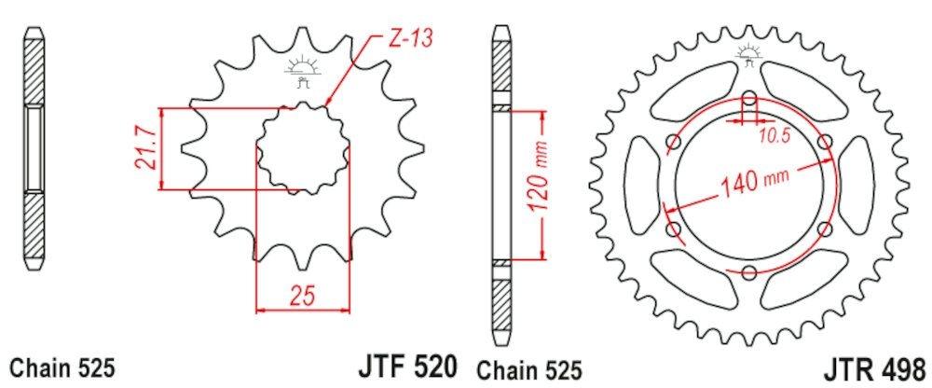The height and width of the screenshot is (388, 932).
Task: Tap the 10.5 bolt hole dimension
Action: pyautogui.click(x=774, y=136)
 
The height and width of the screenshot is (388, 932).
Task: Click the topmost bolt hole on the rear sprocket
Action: pyautogui.click(x=750, y=98)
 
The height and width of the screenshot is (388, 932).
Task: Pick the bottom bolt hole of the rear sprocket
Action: pyautogui.click(x=750, y=271)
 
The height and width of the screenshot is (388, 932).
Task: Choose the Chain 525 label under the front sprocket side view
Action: pyautogui.click(x=62, y=367)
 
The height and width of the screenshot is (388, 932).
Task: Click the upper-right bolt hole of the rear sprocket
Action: pyautogui.click(x=826, y=141)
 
